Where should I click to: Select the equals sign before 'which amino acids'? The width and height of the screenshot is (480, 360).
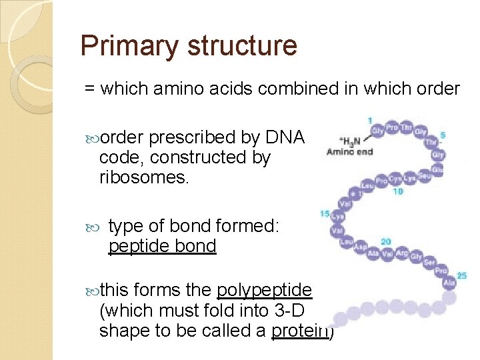[89, 89]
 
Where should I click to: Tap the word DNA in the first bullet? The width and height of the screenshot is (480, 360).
[285, 137]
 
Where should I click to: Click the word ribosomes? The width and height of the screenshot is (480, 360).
[140, 177]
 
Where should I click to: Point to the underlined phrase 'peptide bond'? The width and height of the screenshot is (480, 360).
[162, 247]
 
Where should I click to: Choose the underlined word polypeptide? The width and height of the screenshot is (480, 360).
[265, 291]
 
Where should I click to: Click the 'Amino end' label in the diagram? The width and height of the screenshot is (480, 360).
[349, 152]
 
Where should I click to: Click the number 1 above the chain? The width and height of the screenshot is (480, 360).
[370, 121]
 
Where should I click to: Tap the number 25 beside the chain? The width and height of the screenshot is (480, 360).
[462, 275]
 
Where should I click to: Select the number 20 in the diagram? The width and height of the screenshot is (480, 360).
[385, 242]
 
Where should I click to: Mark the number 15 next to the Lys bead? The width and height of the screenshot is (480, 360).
[325, 214]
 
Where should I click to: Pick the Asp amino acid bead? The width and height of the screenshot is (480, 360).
[361, 247]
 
